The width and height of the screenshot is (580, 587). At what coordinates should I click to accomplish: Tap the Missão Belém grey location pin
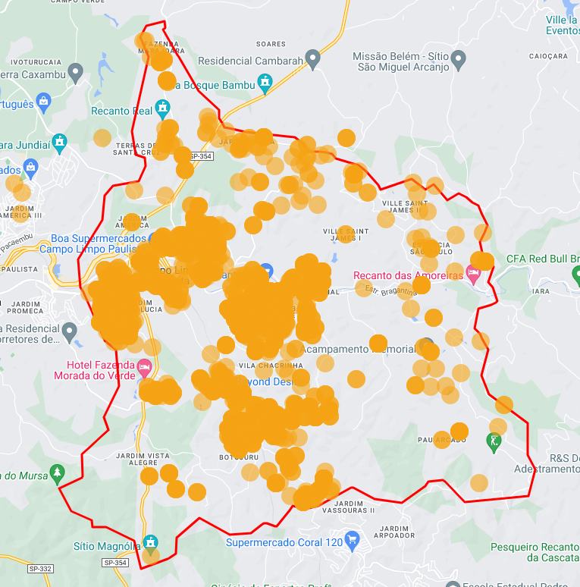coord(458,58)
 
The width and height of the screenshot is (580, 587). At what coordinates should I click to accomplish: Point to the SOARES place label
coord(271,44)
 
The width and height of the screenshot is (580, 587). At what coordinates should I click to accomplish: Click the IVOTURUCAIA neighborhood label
coord(36,61)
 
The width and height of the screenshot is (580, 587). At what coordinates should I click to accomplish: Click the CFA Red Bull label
coord(542,259)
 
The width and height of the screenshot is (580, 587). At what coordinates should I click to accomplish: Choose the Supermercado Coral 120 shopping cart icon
coord(352,541)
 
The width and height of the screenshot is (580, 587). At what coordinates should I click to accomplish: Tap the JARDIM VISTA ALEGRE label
coord(143,459)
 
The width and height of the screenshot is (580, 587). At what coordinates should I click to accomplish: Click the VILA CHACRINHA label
coord(265,366)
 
